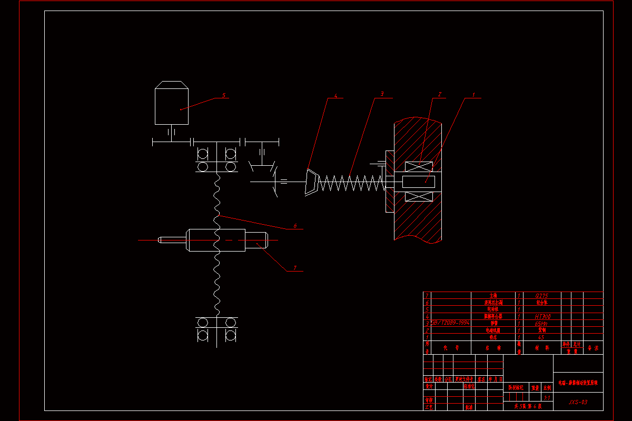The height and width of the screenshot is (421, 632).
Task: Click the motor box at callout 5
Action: [x=172, y=105]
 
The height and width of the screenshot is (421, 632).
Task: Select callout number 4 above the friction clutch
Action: [x=335, y=97]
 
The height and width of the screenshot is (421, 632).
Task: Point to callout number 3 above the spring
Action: [x=382, y=94]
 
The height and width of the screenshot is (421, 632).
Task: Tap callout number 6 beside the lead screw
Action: [x=295, y=226]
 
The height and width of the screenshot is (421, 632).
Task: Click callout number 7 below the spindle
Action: [x=295, y=268]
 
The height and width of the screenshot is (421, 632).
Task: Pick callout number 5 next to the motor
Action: [x=223, y=95]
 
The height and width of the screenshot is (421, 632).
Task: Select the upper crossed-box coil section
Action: [x=419, y=166]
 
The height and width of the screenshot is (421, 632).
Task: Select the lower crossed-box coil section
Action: [x=419, y=197]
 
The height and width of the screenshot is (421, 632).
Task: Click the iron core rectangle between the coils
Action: [x=419, y=182]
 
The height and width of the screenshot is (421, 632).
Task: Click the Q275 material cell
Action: [x=541, y=296]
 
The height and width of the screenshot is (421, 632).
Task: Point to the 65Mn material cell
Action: [x=541, y=324]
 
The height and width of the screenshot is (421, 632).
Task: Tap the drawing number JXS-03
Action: [x=578, y=402]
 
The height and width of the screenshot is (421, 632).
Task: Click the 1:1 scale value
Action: [x=547, y=397]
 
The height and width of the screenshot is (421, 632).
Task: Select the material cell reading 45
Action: [x=541, y=337]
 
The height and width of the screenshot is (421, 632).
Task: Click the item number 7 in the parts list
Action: [x=427, y=296]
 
